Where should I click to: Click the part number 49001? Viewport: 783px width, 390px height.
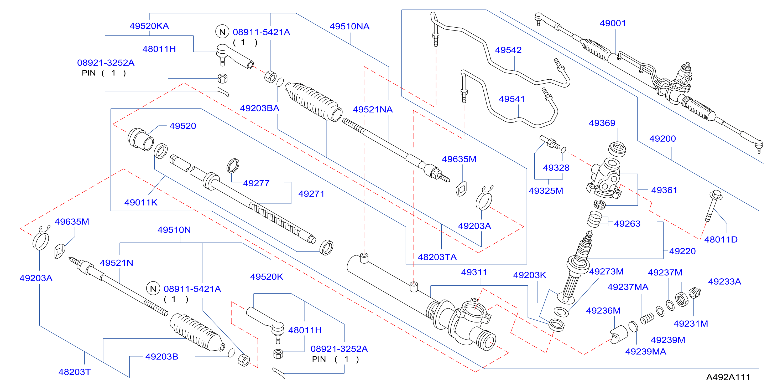(613, 23)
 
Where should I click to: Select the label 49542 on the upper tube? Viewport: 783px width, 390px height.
(508, 50)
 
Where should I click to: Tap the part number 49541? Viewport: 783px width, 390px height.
(512, 99)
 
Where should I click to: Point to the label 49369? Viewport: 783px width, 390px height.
(602, 123)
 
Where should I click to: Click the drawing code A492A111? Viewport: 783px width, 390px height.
(728, 377)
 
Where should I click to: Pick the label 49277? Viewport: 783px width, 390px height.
(256, 183)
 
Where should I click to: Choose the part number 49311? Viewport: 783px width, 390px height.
(474, 272)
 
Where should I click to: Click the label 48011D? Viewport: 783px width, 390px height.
(721, 239)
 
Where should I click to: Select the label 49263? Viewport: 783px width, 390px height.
(627, 224)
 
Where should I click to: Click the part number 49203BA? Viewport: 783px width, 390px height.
(260, 108)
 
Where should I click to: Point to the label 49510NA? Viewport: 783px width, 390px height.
(349, 26)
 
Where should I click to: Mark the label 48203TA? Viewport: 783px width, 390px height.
(437, 257)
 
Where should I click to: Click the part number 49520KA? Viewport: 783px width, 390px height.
(149, 26)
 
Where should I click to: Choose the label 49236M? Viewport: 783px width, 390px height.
(603, 311)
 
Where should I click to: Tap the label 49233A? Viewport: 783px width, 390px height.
(725, 281)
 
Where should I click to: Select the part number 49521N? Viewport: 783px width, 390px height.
(116, 263)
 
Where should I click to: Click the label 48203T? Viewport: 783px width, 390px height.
(75, 372)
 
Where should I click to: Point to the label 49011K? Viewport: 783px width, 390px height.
(141, 202)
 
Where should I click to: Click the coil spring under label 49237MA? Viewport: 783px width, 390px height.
(647, 318)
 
